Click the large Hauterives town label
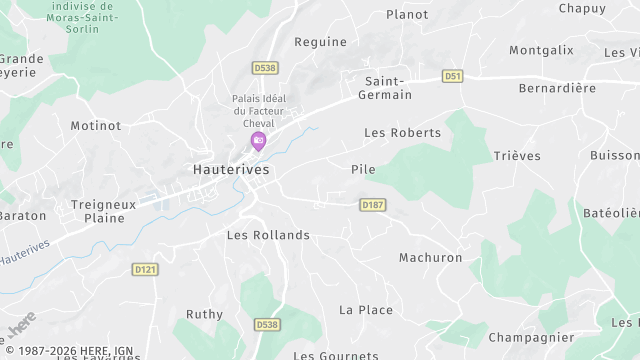point(231,171)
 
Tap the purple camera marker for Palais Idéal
point(258,141)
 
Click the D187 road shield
point(372,205)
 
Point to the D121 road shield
point(145,269)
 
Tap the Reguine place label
point(320,42)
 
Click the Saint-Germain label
point(388,88)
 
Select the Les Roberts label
point(402,132)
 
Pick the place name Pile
point(363,170)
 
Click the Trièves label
point(516,156)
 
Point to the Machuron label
point(430,258)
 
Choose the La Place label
point(365,310)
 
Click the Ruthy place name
point(204,314)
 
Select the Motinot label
point(95,126)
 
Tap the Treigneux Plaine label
point(103,210)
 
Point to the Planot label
point(407,15)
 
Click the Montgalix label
point(541,50)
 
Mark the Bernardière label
point(557,88)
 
